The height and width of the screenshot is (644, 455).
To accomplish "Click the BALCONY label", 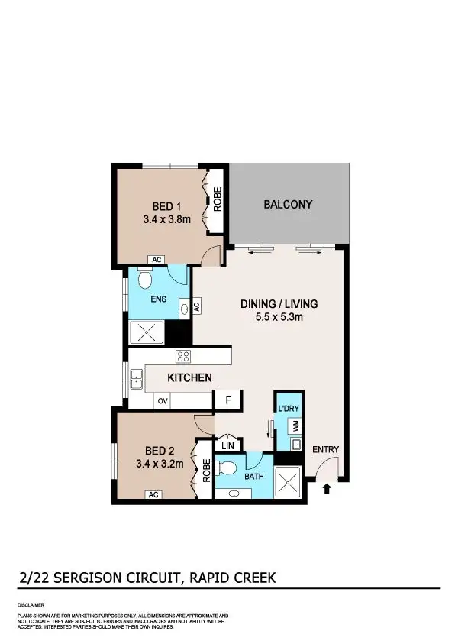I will (x=288, y=204).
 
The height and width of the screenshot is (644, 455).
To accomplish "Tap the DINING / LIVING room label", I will (x=279, y=303).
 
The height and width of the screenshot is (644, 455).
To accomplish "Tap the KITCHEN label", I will (x=190, y=377).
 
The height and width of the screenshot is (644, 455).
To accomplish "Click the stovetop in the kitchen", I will (x=182, y=355).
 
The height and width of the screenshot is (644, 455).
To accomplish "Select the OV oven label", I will (x=163, y=400).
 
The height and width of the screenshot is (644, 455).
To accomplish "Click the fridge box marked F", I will (x=227, y=400).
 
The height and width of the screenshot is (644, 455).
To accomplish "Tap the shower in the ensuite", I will (x=147, y=333).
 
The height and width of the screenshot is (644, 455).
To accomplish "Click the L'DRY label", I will (x=289, y=409).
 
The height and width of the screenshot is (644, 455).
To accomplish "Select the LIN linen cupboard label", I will (x=227, y=445).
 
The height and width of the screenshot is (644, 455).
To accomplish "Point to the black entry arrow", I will (x=328, y=488).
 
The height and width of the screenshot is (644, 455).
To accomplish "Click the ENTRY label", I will (x=326, y=449).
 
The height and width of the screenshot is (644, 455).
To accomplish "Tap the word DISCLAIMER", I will (x=31, y=604).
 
